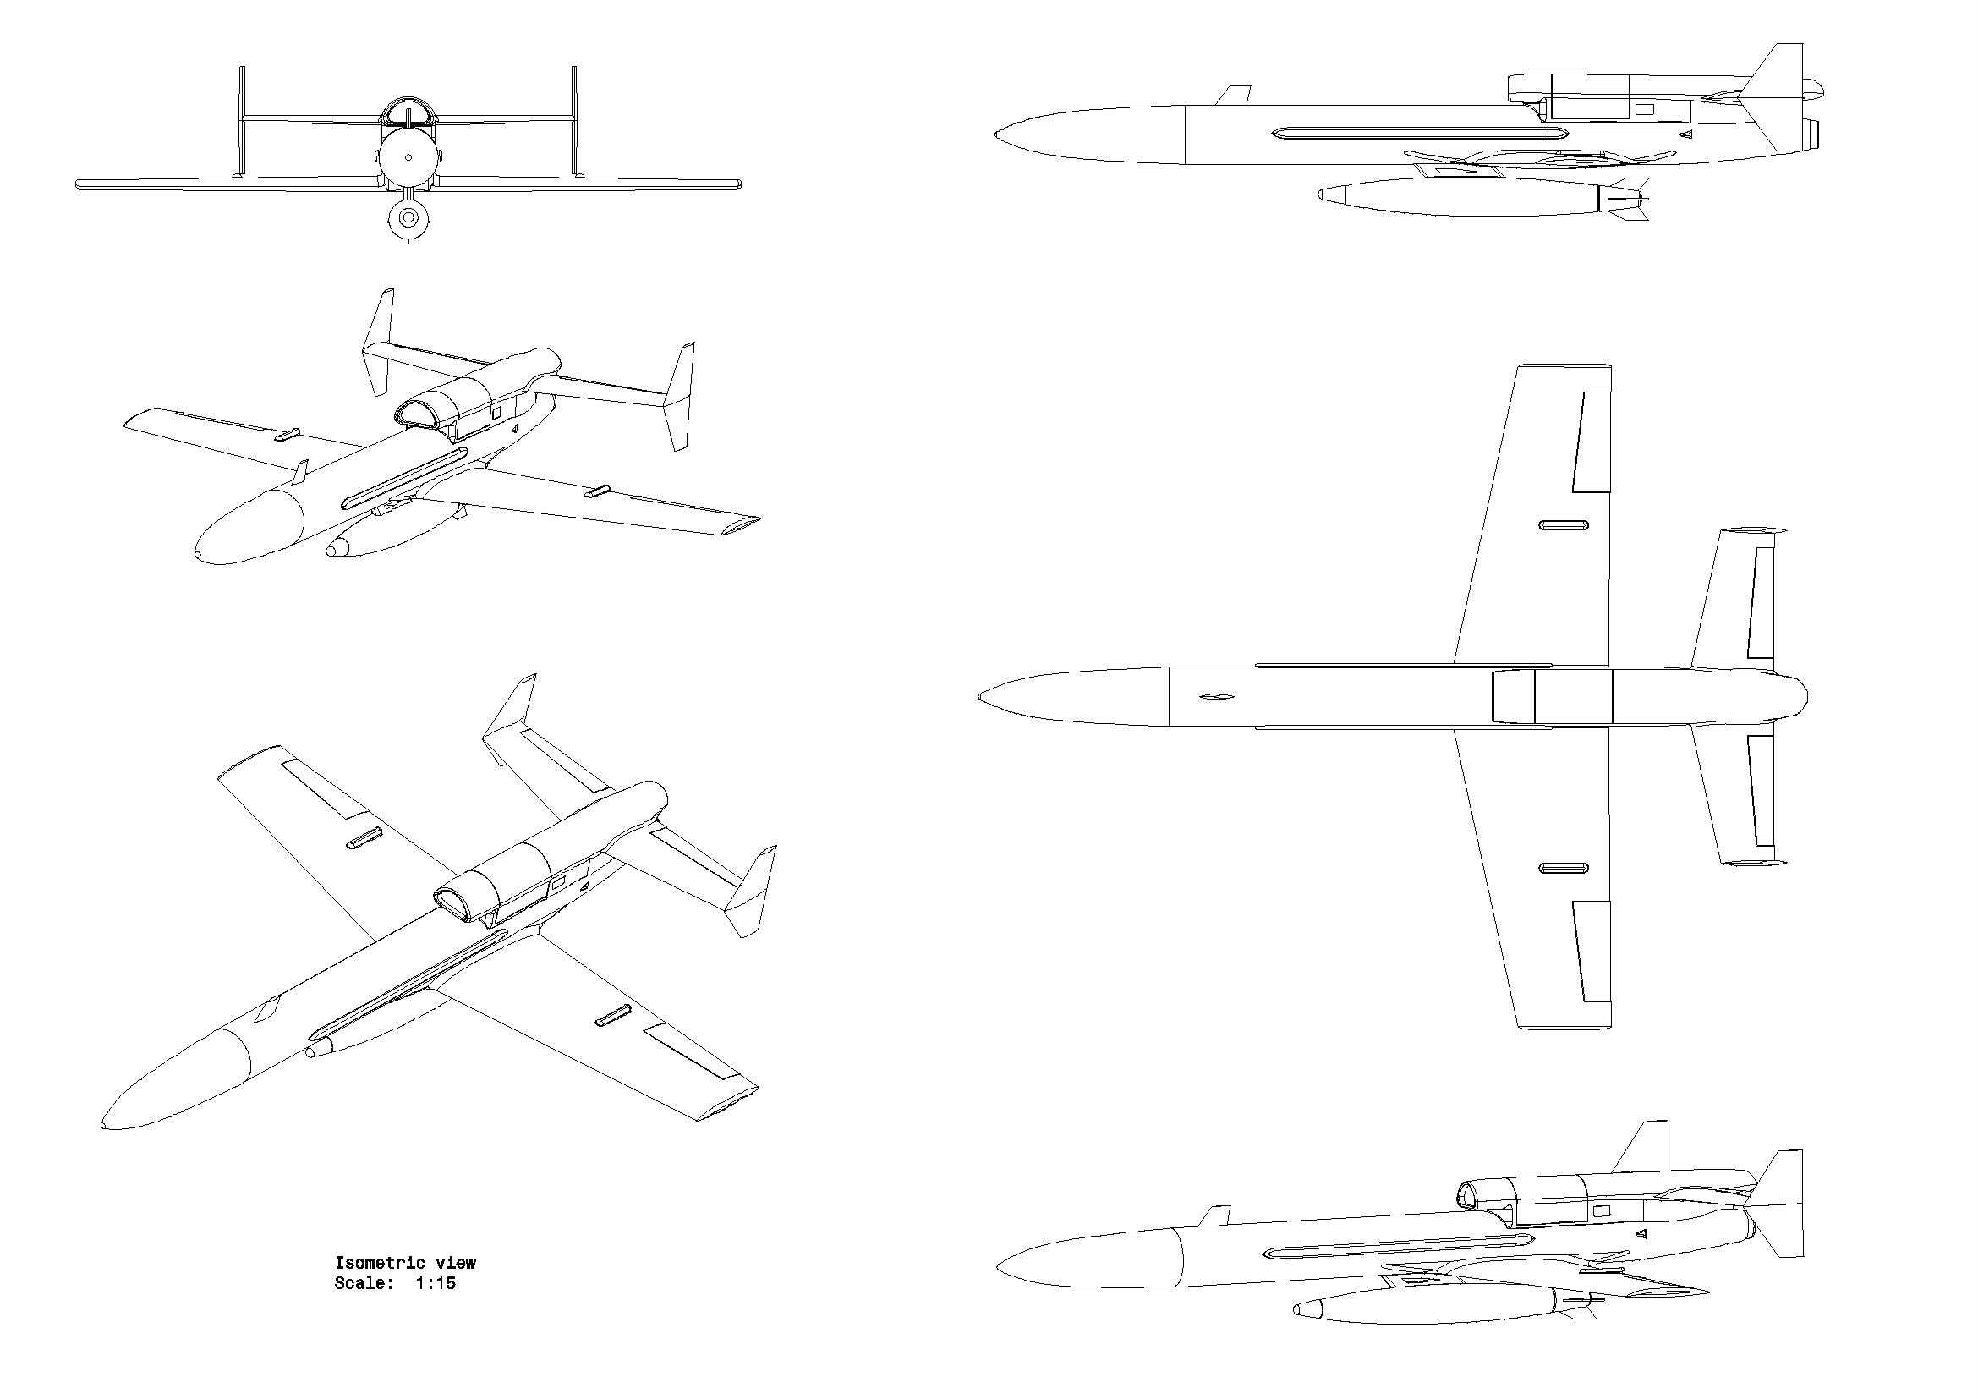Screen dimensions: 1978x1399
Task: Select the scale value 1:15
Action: click(x=435, y=1284)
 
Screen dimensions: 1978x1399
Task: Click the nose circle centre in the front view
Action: click(x=408, y=156)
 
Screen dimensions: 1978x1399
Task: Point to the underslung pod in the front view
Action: click(x=408, y=219)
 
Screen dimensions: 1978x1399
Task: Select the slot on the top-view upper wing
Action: click(x=1564, y=525)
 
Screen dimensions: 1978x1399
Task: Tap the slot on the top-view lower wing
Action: click(x=1564, y=868)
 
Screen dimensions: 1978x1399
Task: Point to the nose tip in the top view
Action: click(x=980, y=696)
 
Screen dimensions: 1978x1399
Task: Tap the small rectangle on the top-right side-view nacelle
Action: click(x=1645, y=109)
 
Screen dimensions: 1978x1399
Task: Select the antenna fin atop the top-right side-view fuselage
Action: click(x=1234, y=95)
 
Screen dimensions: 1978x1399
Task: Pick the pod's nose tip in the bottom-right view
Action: click(x=1296, y=1310)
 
